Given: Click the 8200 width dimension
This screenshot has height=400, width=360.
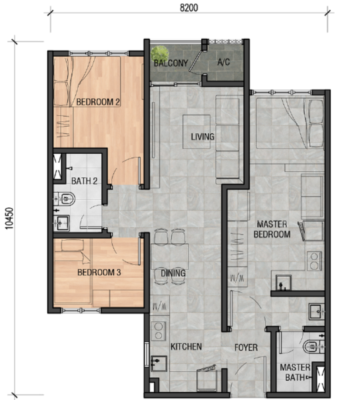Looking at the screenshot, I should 187,8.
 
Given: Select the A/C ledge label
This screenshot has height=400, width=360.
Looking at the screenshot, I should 224,63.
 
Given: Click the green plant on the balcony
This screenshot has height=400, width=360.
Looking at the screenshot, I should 159,53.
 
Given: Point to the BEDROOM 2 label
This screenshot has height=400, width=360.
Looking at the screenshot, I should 98,102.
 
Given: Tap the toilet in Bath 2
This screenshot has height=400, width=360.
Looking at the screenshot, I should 65,198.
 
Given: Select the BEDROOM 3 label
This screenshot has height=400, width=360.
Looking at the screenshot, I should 99,273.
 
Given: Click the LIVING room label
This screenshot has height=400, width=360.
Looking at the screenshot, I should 202,137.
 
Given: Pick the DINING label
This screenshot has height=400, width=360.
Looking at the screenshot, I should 173,273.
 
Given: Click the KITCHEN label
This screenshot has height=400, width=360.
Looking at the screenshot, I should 186,347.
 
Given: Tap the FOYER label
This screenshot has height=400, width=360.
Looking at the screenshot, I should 245,347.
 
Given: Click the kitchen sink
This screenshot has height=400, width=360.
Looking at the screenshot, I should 159,363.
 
